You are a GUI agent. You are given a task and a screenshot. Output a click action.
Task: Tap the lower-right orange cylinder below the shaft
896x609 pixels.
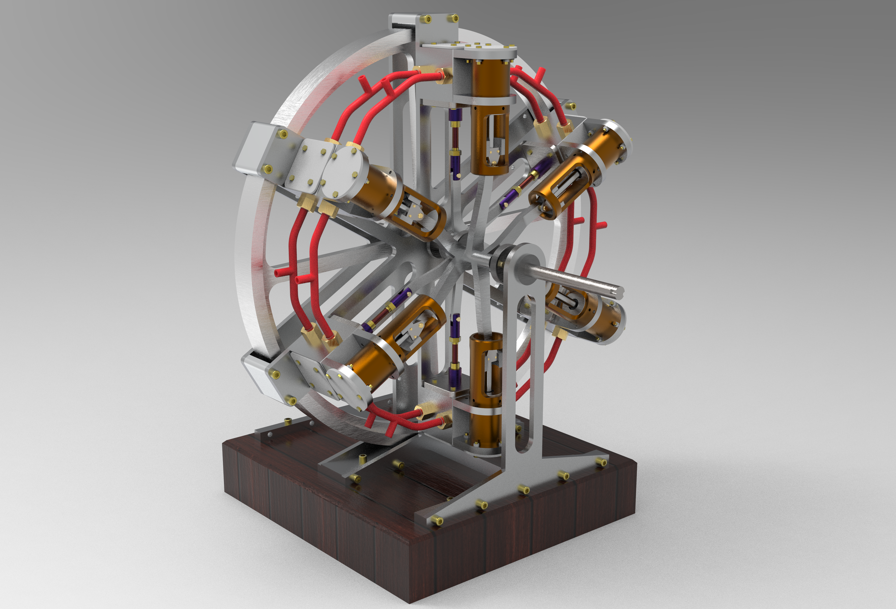(x=602, y=320)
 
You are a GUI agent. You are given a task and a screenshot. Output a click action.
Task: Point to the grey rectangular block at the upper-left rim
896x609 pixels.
(x=256, y=148)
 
